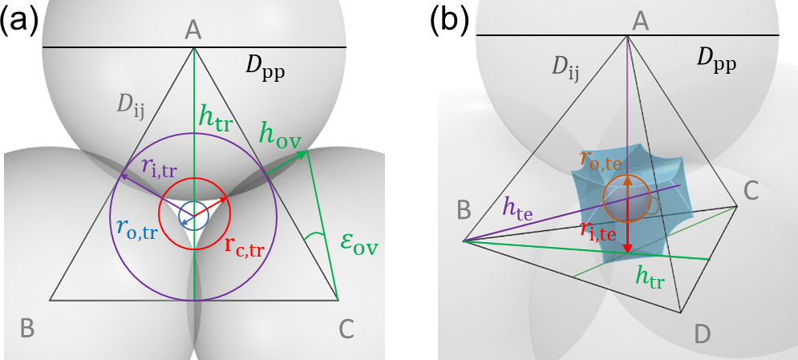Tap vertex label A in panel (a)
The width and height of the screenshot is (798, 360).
192,30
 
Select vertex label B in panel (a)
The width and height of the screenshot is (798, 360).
27,327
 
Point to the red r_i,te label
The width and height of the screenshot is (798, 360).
597,232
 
